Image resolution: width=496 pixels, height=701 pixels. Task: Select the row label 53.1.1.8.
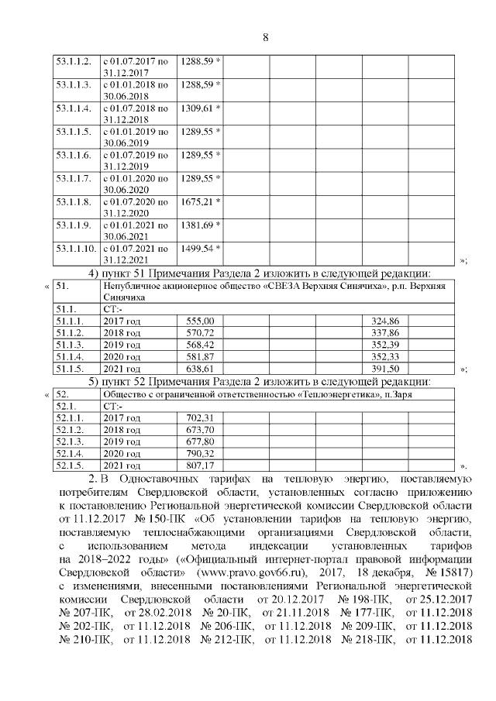coord(74,201)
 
